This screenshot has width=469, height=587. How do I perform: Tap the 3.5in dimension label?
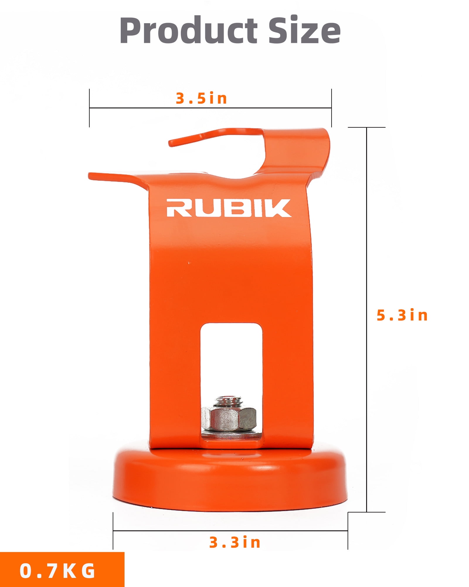tap(201, 98)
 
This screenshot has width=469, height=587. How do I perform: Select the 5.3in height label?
tap(402, 316)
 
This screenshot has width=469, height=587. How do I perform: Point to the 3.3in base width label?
tap(235, 542)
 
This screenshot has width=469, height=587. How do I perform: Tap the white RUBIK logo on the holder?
tap(229, 208)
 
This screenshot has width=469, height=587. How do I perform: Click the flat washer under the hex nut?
tap(230, 434)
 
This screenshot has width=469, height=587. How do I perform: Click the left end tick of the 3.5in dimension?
tap(89, 108)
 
